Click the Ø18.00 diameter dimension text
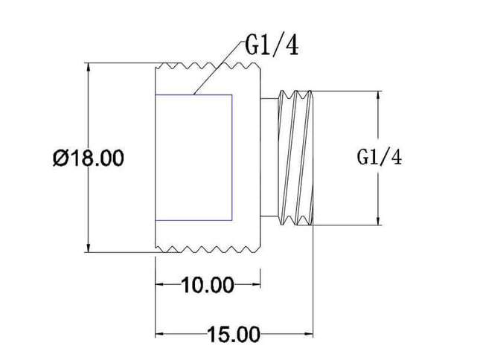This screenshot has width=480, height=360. point(89,158)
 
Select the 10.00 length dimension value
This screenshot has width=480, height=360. point(208,285)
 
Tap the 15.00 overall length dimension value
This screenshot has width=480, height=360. point(234,334)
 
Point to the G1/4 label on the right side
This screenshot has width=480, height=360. point(380,158)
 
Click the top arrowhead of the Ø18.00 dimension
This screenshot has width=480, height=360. point(89,68)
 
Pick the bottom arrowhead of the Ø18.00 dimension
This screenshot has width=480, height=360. point(89,248)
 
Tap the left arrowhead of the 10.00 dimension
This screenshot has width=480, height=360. point(160,284)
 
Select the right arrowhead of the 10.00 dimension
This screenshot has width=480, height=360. point(255,284)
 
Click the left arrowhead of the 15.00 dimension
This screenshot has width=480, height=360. point(160,334)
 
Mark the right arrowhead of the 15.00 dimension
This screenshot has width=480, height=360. point(308,334)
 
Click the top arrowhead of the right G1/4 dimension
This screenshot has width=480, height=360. point(379,96)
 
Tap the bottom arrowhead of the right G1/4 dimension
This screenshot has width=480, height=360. point(379,220)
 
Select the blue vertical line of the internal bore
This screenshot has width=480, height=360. point(232,158)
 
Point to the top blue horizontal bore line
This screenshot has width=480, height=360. point(193,94)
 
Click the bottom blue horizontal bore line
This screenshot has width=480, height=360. point(193,220)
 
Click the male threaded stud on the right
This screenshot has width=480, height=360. point(295,158)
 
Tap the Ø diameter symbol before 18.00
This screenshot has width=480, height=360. point(60,158)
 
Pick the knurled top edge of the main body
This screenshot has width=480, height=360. point(208,66)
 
